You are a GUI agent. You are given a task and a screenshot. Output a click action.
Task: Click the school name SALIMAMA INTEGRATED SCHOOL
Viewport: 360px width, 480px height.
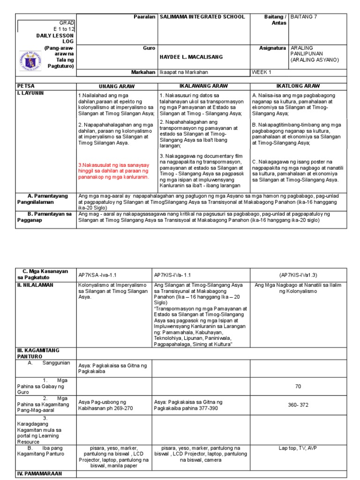(202, 17)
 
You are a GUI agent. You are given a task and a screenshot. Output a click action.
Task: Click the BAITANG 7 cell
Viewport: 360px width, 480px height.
(304, 17)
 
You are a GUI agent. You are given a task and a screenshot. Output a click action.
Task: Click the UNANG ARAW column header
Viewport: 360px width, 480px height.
(116, 87)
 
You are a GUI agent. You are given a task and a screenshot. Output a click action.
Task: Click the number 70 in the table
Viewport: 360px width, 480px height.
(298, 387)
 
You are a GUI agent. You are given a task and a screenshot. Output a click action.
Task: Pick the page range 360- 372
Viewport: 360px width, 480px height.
(298, 405)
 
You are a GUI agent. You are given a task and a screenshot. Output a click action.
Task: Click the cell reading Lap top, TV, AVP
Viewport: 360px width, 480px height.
(298, 448)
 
